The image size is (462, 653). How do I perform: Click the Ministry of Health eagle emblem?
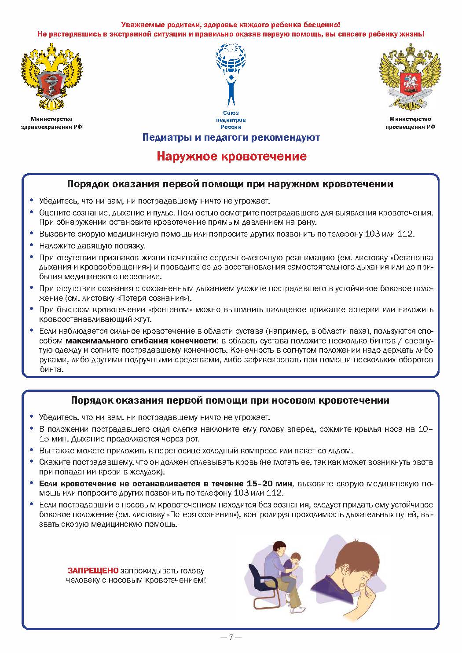(x=52, y=77)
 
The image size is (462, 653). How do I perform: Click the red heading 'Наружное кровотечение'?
(x=231, y=157)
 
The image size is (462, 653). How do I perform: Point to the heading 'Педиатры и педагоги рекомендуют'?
(x=231, y=138)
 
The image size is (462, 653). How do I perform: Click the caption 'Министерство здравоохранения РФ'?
(x=52, y=123)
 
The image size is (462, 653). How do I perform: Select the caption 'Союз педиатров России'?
(x=231, y=120)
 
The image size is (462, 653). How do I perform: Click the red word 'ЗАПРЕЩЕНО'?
(x=93, y=571)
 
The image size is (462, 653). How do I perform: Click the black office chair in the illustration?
(x=264, y=580)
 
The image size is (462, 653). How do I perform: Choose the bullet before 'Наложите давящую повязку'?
(x=31, y=245)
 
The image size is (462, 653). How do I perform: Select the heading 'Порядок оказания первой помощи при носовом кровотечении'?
(x=230, y=401)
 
